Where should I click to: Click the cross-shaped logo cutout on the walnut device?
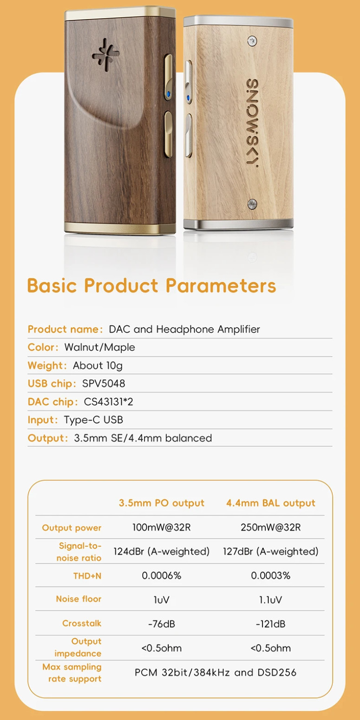pos(105,55)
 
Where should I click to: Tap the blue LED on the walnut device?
pos(169,94)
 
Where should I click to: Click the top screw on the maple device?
pos(252,41)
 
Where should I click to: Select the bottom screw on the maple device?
pos(252,203)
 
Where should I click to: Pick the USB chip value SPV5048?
pos(104,383)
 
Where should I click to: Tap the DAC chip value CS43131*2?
pos(108,401)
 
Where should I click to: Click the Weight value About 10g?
pos(98,366)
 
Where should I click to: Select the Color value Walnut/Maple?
pos(100,347)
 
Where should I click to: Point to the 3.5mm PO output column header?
pos(162,503)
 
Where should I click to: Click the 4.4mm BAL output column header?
pos(271,503)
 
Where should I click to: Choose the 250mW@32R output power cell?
pos(271,528)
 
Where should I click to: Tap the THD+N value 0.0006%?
pos(162,576)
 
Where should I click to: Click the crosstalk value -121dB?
pos(271,624)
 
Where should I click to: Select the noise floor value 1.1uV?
pos(271,600)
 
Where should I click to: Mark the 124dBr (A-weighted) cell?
pos(162,551)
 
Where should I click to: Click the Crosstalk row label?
pos(82,623)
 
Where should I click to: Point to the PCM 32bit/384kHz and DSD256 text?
pos(216,673)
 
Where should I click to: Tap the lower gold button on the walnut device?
pos(168,134)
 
